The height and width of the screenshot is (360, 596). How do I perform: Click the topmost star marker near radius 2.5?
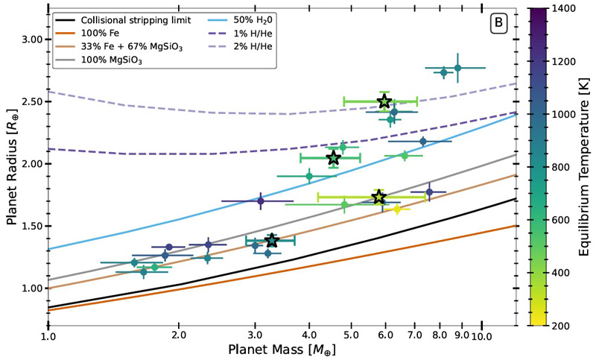click(x=384, y=101)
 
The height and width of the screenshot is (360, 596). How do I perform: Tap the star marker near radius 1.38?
click(x=272, y=240)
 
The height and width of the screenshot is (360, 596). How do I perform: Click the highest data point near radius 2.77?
click(x=457, y=68)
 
